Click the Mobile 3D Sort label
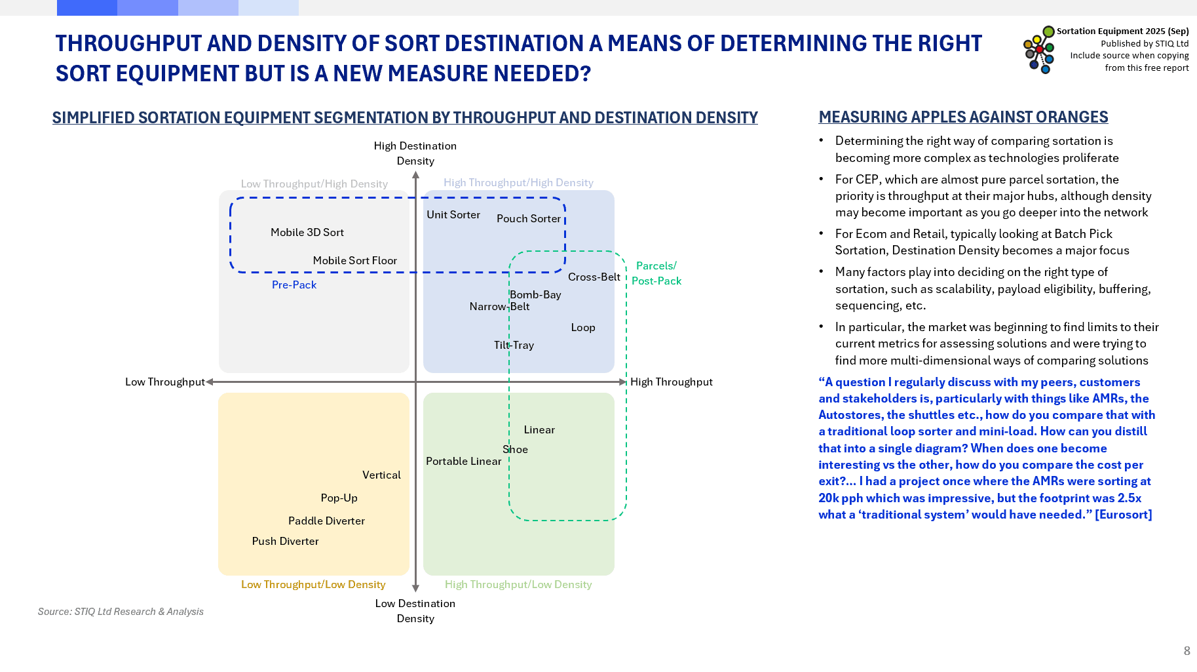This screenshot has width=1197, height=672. click(x=307, y=232)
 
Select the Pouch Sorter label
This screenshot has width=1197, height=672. click(x=528, y=218)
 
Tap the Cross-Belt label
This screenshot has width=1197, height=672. click(x=594, y=277)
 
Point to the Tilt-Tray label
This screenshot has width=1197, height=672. click(x=514, y=345)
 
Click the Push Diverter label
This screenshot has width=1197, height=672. click(x=285, y=541)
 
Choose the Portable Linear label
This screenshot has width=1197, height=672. click(x=463, y=461)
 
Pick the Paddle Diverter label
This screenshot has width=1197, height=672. click(x=326, y=521)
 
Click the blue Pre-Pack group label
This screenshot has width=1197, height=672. click(x=294, y=285)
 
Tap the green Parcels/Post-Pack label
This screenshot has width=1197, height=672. click(x=656, y=273)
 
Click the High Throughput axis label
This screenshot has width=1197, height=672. click(x=671, y=382)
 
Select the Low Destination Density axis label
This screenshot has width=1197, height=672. click(x=415, y=610)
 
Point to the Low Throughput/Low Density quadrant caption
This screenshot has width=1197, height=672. click(x=313, y=584)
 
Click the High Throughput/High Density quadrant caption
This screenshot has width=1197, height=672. click(x=518, y=182)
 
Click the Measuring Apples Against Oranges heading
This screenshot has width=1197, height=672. click(x=963, y=117)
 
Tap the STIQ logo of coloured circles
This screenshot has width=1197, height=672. click(x=1039, y=50)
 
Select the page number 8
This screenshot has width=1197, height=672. click(x=1187, y=650)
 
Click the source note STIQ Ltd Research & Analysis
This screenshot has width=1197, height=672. click(x=121, y=611)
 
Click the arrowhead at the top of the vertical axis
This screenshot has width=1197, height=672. click(x=415, y=175)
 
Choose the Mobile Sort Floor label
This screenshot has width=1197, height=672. click(x=354, y=260)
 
